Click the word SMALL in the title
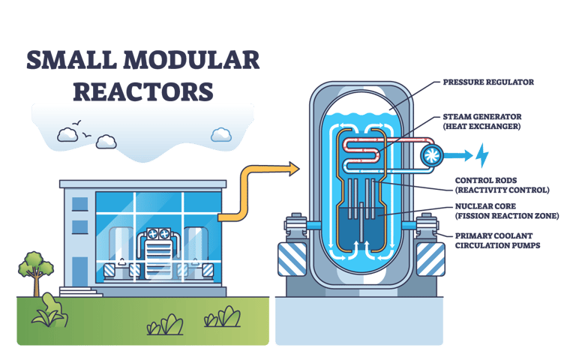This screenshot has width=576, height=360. pos(66,61)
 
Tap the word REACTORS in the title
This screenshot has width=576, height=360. pos(142,91)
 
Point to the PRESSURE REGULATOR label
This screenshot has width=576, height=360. pos(488,82)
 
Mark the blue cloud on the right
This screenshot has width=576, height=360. pos(220,135)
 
